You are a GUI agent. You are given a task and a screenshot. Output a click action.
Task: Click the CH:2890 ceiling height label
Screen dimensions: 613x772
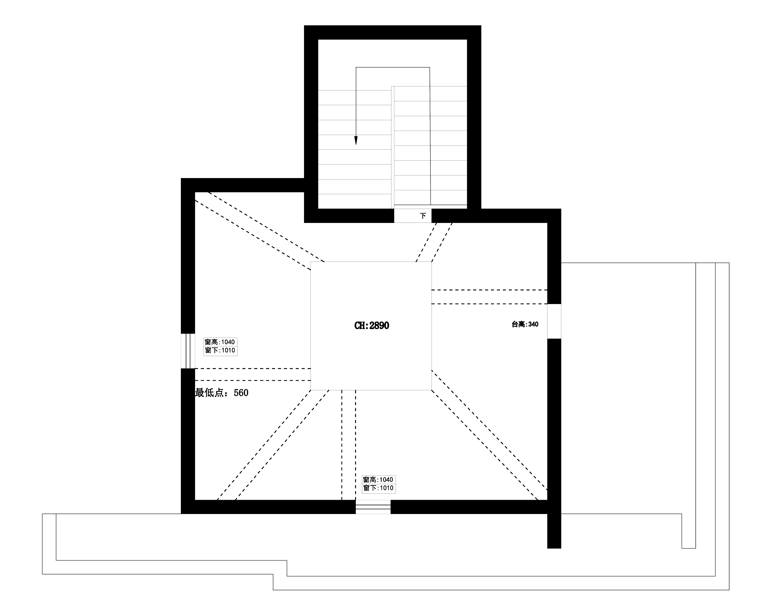click(372, 325)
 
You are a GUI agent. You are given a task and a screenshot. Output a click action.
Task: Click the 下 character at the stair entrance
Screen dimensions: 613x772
click(423, 216)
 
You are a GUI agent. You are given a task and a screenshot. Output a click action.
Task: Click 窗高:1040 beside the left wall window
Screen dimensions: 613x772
click(220, 342)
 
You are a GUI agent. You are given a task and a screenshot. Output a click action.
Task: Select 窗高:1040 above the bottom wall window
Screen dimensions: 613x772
click(378, 479)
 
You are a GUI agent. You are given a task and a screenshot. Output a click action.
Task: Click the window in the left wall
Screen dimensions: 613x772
click(188, 351)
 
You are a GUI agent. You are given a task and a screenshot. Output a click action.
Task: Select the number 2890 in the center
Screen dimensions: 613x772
click(379, 325)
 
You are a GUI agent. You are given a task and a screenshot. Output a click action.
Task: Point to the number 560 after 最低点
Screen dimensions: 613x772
click(241, 393)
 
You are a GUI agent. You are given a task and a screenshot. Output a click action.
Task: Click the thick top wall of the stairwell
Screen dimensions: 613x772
click(392, 32)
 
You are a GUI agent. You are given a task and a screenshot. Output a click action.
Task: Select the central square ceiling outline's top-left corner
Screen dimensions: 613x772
click(311, 262)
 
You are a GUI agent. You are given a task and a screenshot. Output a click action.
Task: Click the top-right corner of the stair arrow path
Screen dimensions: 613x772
click(430, 67)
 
